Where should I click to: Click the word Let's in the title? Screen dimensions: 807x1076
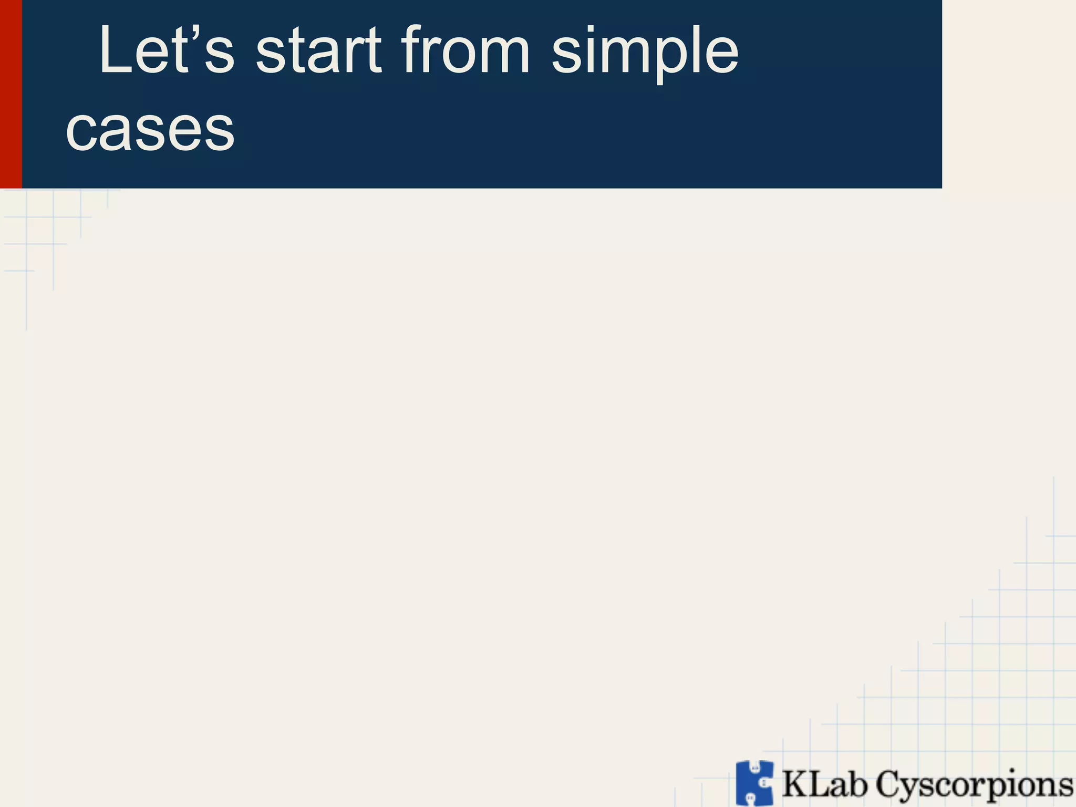[166, 51]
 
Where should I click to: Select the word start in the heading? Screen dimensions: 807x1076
[318, 51]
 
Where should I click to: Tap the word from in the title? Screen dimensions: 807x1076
[465, 51]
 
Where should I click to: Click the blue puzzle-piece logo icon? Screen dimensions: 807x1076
[754, 783]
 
